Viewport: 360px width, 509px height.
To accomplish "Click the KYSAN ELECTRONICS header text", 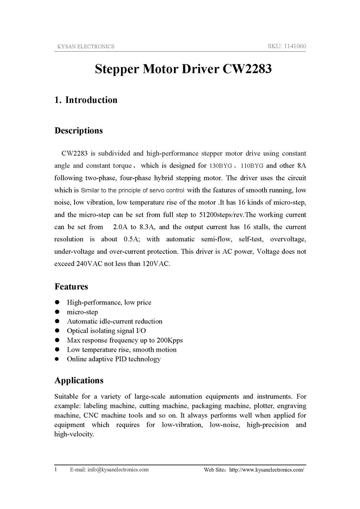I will pos(86,46).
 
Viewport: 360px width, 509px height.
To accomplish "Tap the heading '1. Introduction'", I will pos(86,100).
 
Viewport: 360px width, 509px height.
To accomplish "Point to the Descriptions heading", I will pos(78,131).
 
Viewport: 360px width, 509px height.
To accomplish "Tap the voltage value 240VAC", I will pos(89,264).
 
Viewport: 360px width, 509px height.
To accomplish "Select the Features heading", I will pos(71,287).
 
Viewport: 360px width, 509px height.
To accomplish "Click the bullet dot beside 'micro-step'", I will pos(57,312).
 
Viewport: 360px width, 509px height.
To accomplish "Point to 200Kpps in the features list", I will pos(170,340).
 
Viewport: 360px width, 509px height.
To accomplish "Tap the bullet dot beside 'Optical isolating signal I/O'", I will pos(57,331).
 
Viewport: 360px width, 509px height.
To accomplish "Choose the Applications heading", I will pos(79,380).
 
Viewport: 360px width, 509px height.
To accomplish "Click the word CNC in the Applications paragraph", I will pos(91,415).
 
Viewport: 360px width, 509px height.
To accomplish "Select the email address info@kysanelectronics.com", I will pos(118,470).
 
